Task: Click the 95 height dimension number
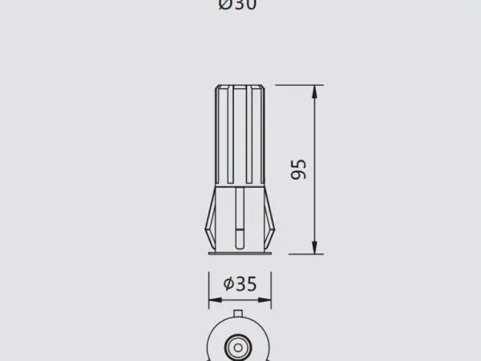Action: click(298, 169)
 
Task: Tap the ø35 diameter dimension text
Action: click(240, 283)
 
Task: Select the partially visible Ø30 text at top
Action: click(237, 5)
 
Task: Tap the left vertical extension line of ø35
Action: click(208, 289)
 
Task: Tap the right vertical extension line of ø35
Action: click(271, 289)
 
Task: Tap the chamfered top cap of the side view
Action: click(240, 86)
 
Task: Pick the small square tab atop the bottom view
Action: click(239, 311)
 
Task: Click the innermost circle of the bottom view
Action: click(239, 347)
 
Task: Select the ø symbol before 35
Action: click(228, 283)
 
